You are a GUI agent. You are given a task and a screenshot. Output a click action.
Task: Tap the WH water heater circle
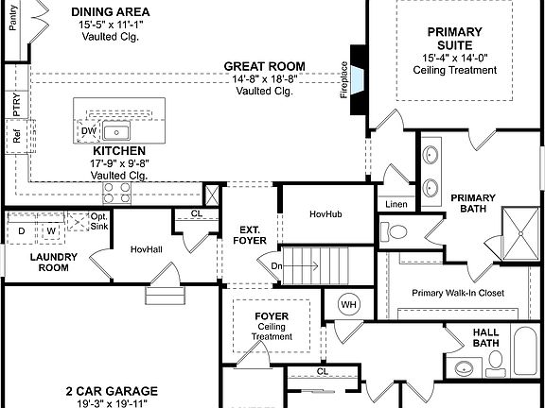pyautogui.click(x=347, y=304)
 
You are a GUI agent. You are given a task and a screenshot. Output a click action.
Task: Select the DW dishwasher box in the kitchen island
pyautogui.click(x=88, y=131)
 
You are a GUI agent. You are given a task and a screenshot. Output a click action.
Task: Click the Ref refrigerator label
pyautogui.click(x=17, y=136)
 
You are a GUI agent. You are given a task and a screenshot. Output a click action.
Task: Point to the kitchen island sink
pyautogui.click(x=117, y=131)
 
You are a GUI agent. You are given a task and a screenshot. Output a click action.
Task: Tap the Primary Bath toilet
pyautogui.click(x=396, y=230)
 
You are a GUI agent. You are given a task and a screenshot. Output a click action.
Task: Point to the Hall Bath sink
pyautogui.click(x=464, y=367)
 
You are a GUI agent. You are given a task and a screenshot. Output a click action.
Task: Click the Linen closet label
pyautogui.click(x=396, y=205)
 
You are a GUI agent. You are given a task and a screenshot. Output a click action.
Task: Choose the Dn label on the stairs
pyautogui.click(x=276, y=266)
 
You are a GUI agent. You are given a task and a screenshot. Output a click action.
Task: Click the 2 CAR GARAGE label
pyautogui.click(x=112, y=390)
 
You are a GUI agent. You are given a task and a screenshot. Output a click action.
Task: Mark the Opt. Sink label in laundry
pyautogui.click(x=98, y=222)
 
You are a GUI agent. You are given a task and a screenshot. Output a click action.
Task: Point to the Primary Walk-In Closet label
pyautogui.click(x=457, y=292)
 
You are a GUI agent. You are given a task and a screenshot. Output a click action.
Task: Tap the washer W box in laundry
pyautogui.click(x=52, y=229)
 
